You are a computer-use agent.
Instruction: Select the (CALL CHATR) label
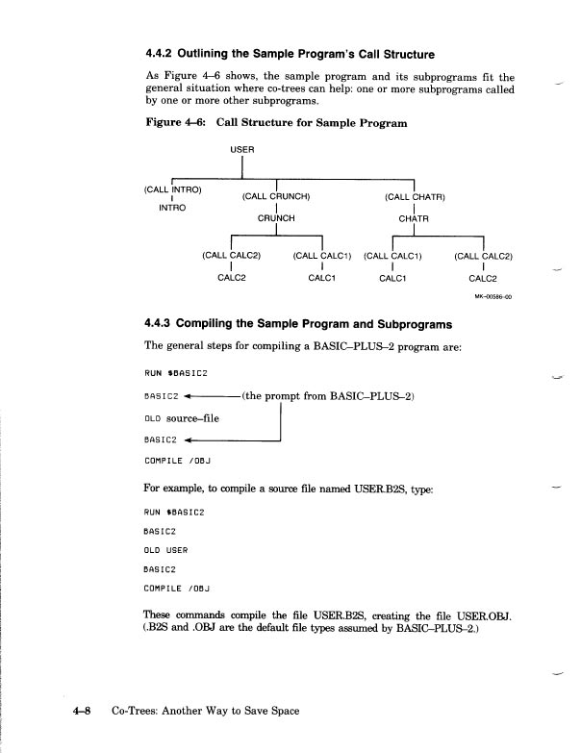pos(414,197)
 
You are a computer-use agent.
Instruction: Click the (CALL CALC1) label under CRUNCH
pos(321,257)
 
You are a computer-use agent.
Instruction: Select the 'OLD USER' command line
pos(165,549)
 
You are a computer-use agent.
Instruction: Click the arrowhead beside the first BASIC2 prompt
pos(189,395)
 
